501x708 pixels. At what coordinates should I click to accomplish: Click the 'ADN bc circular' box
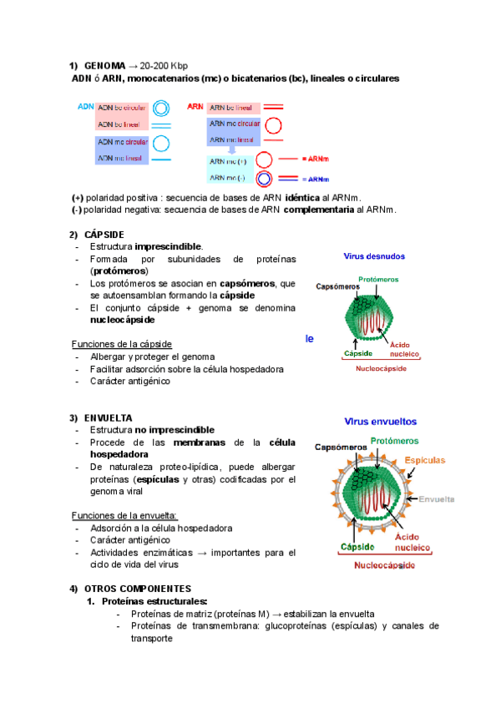[x=122, y=109]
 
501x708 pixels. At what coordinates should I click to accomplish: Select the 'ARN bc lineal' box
[x=234, y=109]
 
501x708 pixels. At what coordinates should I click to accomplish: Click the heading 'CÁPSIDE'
[x=104, y=235]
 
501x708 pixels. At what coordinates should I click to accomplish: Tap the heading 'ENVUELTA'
[x=109, y=417]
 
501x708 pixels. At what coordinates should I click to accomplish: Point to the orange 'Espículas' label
[x=425, y=460]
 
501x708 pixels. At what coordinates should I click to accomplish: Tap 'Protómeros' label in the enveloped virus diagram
[x=395, y=441]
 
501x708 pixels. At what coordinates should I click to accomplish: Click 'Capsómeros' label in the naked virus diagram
[x=337, y=286]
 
